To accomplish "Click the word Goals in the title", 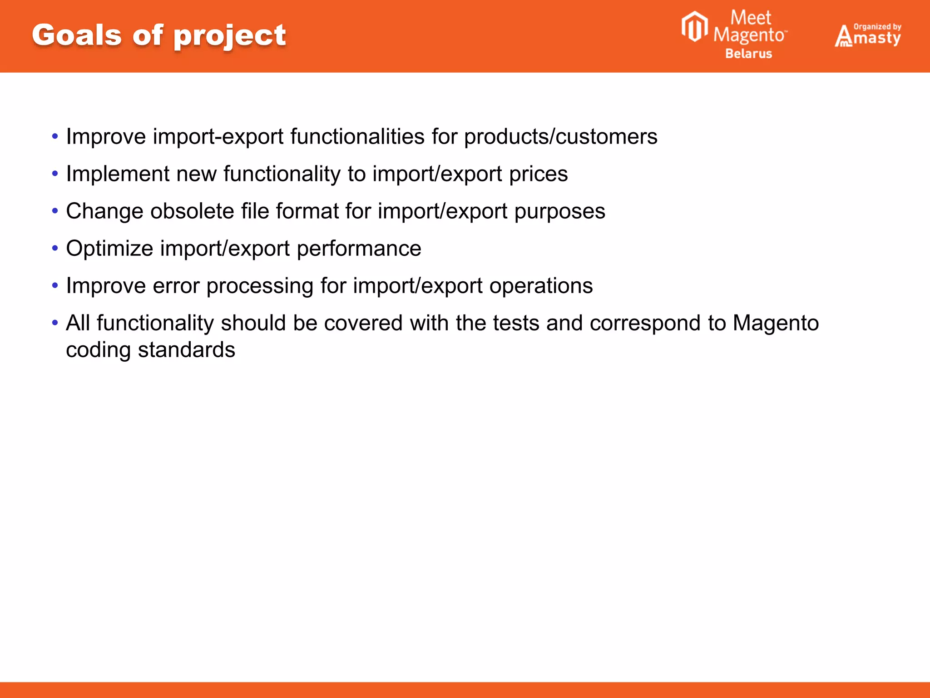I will [x=77, y=35].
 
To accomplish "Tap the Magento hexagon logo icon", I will [x=694, y=27].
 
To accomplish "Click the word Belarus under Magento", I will [x=748, y=54].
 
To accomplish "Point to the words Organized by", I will [x=877, y=27].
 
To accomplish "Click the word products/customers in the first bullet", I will [x=560, y=137].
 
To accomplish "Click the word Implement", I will [x=118, y=174].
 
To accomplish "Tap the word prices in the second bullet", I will [x=538, y=174].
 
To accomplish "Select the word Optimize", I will [x=110, y=249].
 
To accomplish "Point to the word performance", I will [x=359, y=249].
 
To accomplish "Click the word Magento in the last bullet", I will [x=776, y=324].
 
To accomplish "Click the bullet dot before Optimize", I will [x=55, y=248].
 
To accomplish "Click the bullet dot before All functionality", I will [x=55, y=323].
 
